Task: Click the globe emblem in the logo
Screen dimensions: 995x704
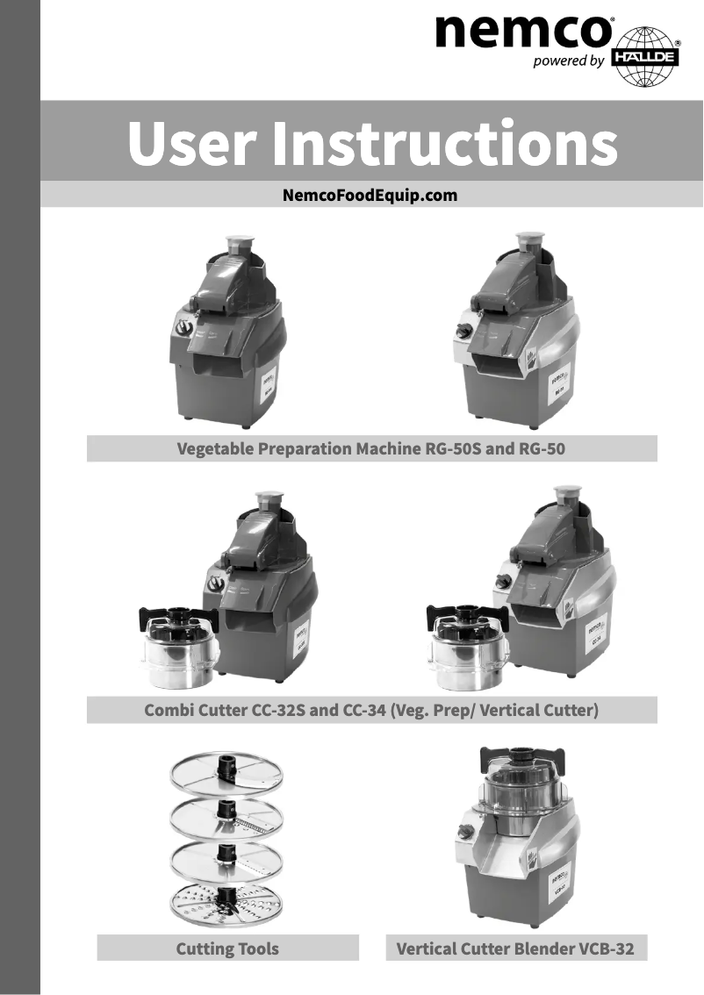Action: [x=650, y=56]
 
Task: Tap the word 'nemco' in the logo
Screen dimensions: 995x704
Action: [x=524, y=32]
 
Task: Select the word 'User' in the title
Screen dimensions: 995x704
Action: [x=192, y=144]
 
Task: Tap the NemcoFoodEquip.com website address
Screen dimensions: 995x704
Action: [x=370, y=195]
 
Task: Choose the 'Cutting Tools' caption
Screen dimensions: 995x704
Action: [x=227, y=948]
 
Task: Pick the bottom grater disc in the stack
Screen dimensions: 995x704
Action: [x=226, y=905]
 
